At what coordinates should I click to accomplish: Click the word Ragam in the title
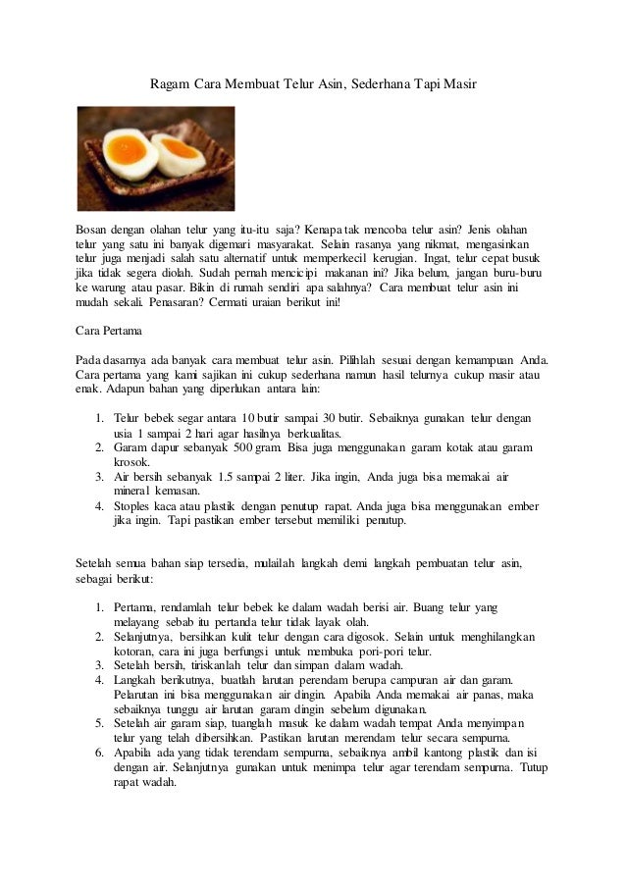point(168,85)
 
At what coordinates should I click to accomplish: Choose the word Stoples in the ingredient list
point(134,506)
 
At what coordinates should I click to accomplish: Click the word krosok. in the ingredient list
point(133,461)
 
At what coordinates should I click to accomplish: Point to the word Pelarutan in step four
point(141,696)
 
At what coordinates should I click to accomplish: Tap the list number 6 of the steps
point(99,754)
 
